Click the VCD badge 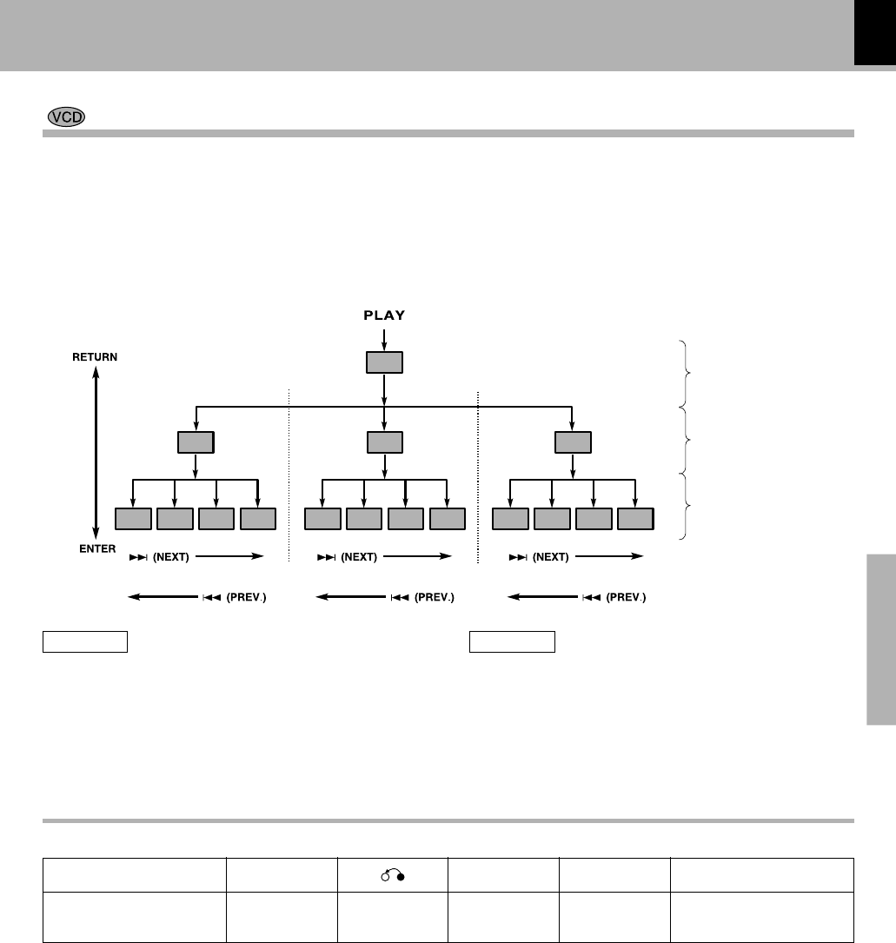pyautogui.click(x=66, y=118)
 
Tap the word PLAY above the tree pyautogui.click(x=384, y=315)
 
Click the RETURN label pyautogui.click(x=96, y=357)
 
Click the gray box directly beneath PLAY pyautogui.click(x=384, y=362)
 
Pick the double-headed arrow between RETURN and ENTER pyautogui.click(x=96, y=453)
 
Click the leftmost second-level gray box pyautogui.click(x=196, y=442)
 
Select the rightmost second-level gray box pyautogui.click(x=572, y=442)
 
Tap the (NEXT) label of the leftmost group pyautogui.click(x=171, y=557)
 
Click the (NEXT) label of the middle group pyautogui.click(x=359, y=557)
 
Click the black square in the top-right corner pyautogui.click(x=874, y=32)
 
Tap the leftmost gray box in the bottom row pyautogui.click(x=133, y=519)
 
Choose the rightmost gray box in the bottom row pyautogui.click(x=635, y=519)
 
